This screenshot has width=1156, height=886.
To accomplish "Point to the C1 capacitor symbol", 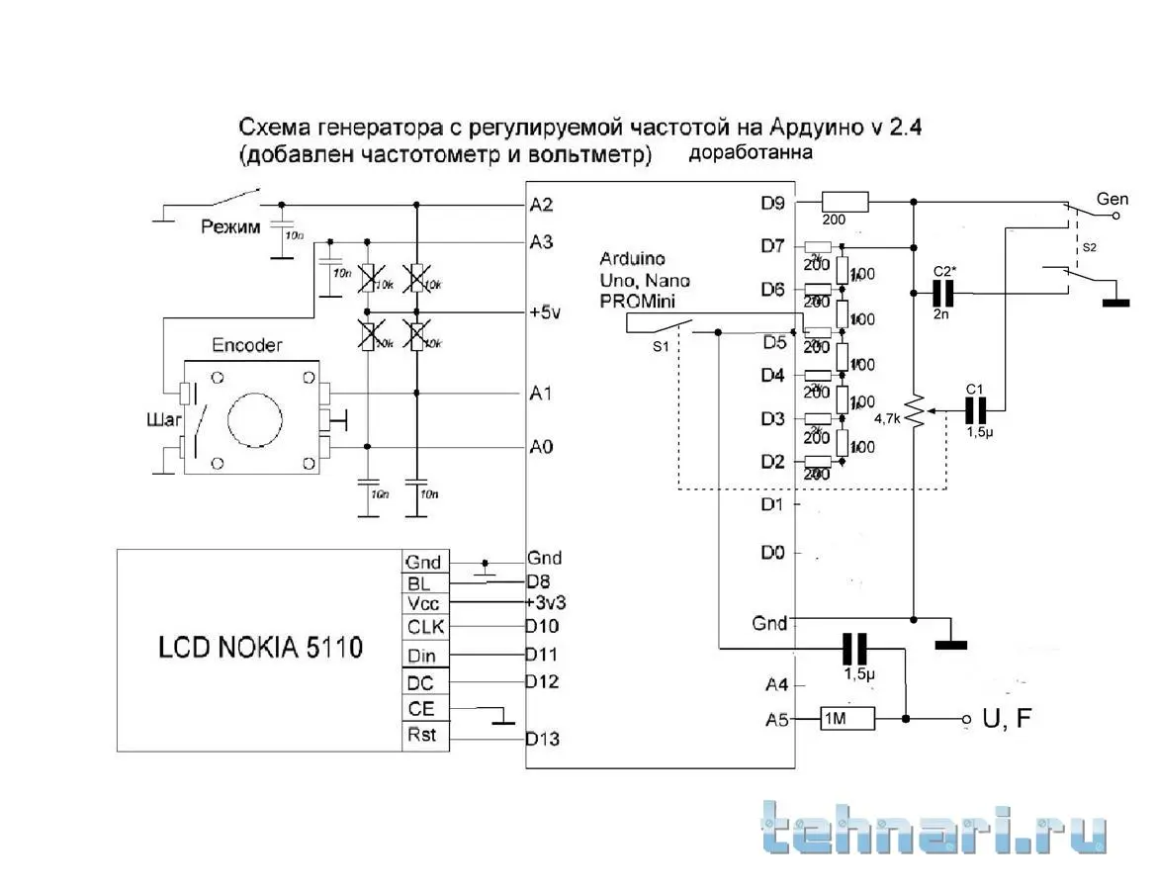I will click(978, 409).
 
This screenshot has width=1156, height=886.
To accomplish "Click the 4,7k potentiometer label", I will click(888, 418).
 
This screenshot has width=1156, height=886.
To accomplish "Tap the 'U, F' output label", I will click(1007, 719).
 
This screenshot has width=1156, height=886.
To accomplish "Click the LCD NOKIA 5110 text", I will click(260, 648).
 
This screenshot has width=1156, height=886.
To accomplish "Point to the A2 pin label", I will click(541, 206).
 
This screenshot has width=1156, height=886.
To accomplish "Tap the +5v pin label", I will click(544, 312).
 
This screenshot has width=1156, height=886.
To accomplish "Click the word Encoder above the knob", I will click(247, 345).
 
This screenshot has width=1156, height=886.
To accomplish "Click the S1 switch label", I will click(661, 347).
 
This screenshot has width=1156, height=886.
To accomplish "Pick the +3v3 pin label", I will click(546, 602).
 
